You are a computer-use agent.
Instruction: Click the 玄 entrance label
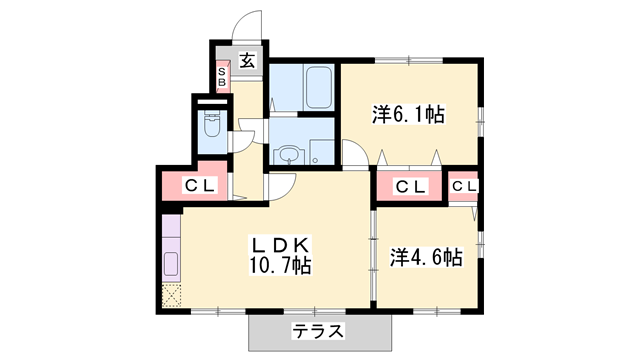point(247,60)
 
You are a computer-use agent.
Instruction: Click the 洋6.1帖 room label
point(408,115)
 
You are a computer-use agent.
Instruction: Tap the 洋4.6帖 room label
point(425,256)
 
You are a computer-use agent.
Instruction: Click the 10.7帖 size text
point(280,266)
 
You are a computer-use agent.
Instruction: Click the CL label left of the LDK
point(203,186)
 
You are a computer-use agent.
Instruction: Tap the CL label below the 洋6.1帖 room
point(410,187)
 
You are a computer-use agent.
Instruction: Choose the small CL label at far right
point(463,186)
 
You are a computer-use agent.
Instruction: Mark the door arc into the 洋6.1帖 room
point(354,153)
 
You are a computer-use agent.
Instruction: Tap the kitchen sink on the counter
point(170,267)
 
